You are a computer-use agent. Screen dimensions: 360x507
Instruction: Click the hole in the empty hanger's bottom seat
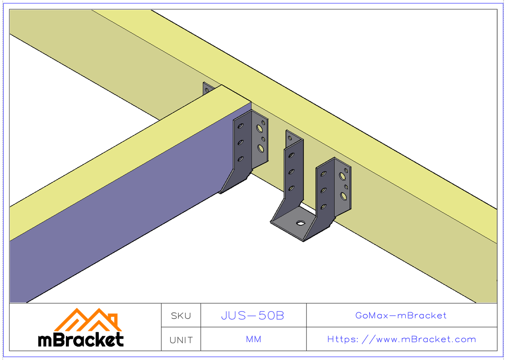click(x=300, y=222)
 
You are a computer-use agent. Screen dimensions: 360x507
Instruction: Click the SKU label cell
click(x=181, y=316)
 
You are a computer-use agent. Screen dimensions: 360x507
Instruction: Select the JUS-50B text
click(x=253, y=316)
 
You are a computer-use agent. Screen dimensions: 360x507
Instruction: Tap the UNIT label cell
click(x=181, y=340)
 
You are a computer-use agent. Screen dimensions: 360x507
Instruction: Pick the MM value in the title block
click(x=253, y=339)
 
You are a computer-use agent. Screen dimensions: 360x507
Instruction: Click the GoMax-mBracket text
click(x=401, y=315)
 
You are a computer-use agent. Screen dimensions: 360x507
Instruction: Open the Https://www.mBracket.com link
click(x=401, y=339)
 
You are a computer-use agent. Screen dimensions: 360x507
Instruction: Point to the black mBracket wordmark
click(x=81, y=340)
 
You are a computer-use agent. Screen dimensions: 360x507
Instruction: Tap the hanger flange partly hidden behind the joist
click(x=207, y=89)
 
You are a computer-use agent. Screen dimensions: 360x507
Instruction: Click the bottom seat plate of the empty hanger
click(x=296, y=226)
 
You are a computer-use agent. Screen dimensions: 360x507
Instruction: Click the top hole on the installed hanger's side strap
click(x=241, y=126)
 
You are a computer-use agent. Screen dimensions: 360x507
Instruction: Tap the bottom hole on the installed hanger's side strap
click(x=241, y=159)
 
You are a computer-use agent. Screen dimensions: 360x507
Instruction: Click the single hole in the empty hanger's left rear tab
click(x=289, y=138)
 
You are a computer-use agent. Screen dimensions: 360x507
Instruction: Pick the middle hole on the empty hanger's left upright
click(x=291, y=172)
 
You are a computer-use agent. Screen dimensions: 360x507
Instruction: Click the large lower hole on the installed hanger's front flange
click(x=261, y=148)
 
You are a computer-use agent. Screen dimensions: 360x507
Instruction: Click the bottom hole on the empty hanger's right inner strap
click(x=323, y=207)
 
